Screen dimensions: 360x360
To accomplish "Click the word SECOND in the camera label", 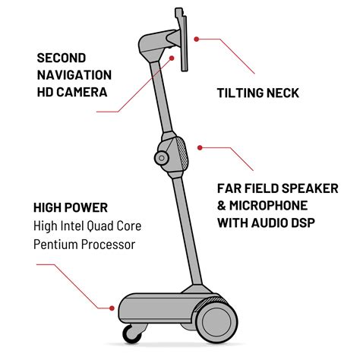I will point(61,57).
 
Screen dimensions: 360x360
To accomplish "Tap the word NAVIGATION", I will point(74,74).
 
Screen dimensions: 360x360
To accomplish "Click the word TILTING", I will point(242,93).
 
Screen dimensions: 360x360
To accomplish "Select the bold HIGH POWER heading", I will point(71,207).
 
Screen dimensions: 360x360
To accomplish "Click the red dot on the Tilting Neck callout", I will point(196,37).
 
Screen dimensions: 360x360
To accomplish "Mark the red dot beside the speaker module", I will point(200,147).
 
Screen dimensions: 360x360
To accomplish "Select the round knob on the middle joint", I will point(162,158).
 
